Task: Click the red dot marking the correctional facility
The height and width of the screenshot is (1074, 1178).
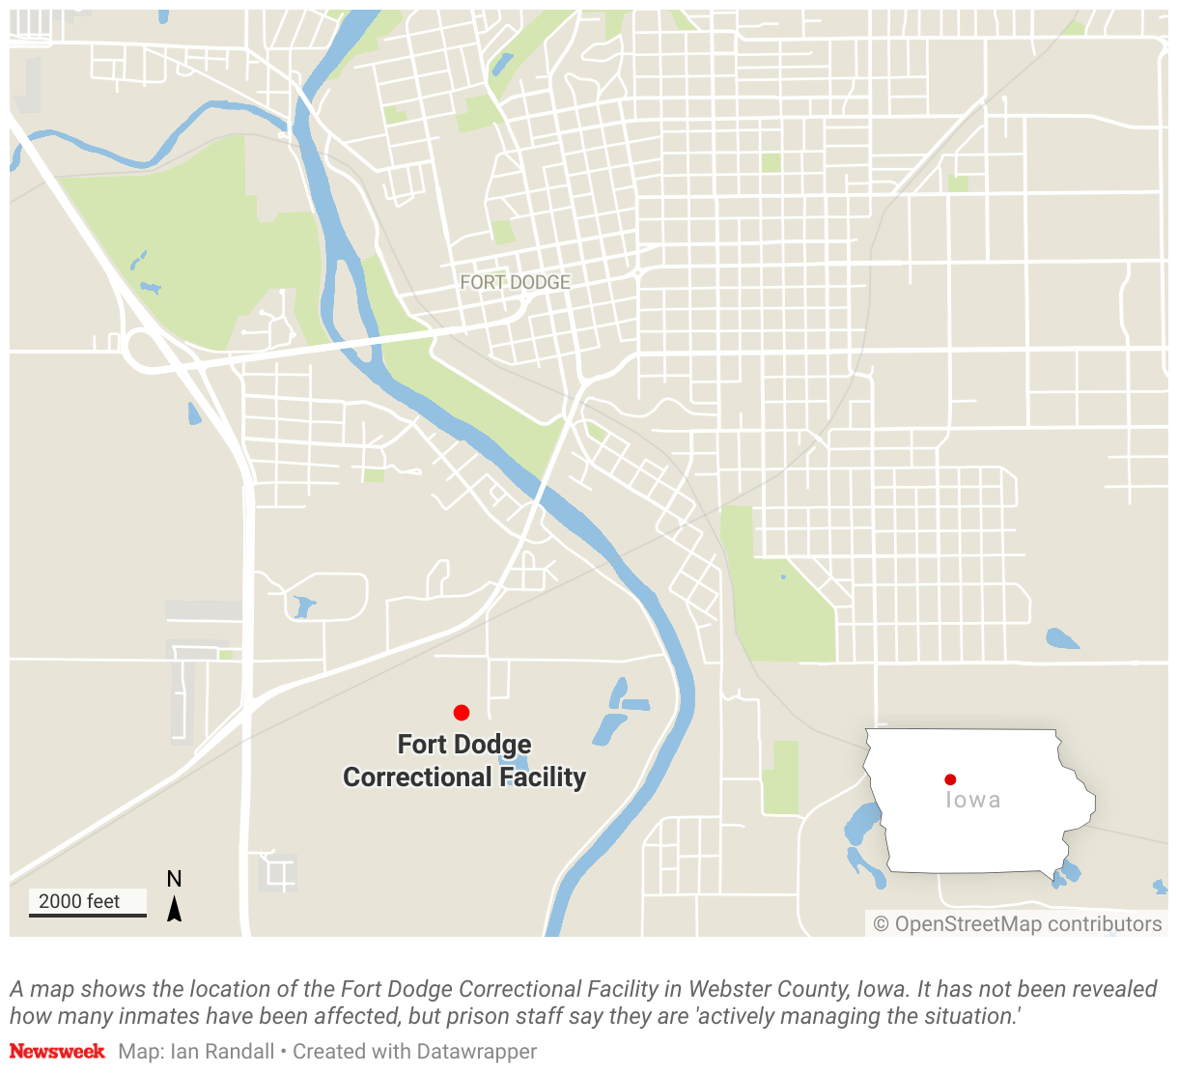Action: click(x=462, y=713)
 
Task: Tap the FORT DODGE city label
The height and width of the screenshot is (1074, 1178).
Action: click(x=515, y=282)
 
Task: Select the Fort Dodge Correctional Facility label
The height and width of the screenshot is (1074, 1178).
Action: click(x=464, y=761)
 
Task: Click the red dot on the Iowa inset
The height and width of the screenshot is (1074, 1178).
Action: click(x=950, y=779)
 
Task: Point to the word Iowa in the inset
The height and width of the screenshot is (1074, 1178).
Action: click(x=972, y=800)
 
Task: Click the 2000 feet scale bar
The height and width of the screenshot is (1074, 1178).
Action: click(x=87, y=913)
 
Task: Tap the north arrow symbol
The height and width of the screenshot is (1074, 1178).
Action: click(x=174, y=909)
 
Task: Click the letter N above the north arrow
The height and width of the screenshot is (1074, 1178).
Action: click(x=174, y=879)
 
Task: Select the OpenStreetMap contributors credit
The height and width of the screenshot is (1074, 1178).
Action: click(x=1027, y=924)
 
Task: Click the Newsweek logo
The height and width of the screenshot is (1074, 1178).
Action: click(x=57, y=1051)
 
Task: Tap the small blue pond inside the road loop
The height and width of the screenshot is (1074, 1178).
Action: click(x=303, y=607)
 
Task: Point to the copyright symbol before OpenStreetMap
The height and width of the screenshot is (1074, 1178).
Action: click(x=881, y=924)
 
